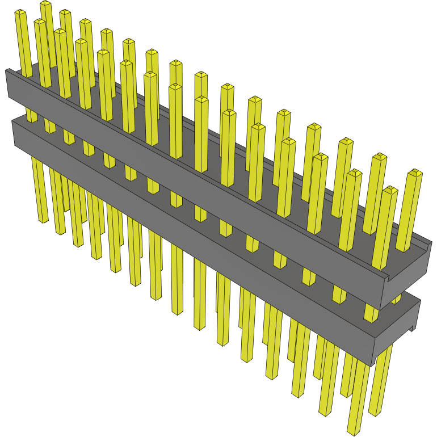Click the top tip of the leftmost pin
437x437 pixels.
20,12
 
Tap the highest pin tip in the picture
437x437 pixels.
46,4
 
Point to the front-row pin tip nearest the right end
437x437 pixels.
389,190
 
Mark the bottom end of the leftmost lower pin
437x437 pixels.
43,220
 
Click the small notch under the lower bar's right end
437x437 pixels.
410,329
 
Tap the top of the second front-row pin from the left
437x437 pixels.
60,32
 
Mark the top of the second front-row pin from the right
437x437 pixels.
354,172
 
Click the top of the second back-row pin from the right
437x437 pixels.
379,157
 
